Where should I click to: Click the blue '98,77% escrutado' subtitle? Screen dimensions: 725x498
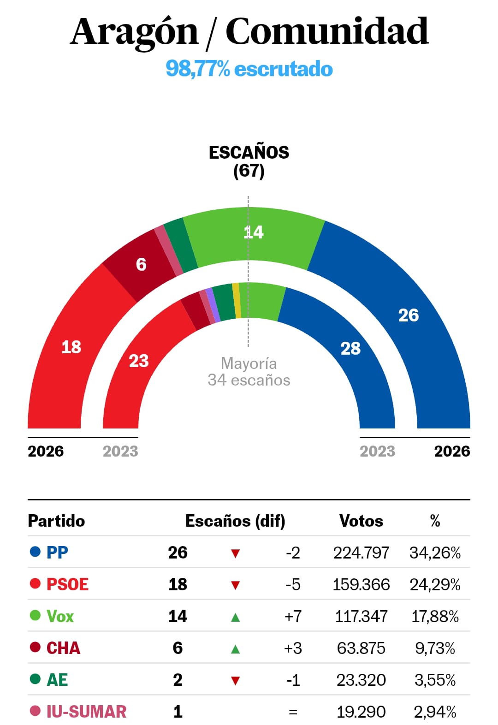[249, 69]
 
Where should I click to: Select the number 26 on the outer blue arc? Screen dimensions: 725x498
[408, 315]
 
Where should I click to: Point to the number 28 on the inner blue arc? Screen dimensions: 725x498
[350, 349]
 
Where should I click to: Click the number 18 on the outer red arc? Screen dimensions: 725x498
[71, 347]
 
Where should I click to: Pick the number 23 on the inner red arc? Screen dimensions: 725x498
[139, 361]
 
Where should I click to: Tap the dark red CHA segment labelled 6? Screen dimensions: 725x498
[141, 265]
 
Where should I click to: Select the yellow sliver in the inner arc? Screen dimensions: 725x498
[236, 300]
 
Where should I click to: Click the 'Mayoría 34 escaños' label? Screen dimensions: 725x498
[249, 372]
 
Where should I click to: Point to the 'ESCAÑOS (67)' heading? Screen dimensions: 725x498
[249, 161]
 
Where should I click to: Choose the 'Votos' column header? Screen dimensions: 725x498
[361, 521]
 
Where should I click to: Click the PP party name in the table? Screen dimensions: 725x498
[57, 553]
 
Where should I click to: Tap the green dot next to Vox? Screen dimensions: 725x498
[35, 616]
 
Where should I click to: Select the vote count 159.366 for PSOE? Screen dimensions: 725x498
[361, 585]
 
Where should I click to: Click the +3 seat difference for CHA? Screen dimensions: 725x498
[293, 648]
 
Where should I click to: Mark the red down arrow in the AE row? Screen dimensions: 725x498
[235, 681]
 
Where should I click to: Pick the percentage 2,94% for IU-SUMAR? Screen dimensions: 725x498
[435, 712]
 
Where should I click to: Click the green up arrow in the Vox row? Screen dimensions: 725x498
[235, 617]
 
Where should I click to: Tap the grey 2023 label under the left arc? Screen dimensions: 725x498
[120, 451]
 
